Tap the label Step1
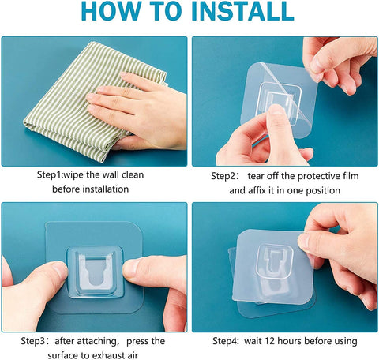tap(53, 174)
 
